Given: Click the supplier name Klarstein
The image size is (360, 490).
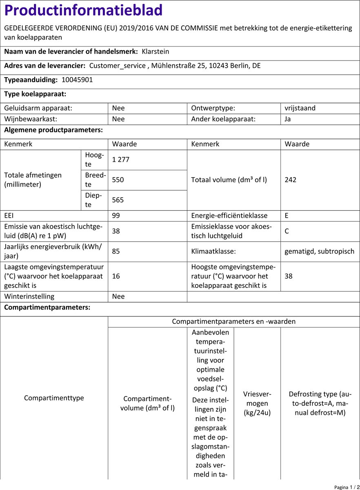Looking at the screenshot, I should (155, 52).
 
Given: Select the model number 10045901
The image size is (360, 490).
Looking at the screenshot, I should (77, 80).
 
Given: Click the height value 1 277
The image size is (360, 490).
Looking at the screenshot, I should (121, 160).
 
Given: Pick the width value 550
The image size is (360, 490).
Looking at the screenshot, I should (118, 180).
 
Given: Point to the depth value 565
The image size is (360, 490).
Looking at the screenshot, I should (118, 200).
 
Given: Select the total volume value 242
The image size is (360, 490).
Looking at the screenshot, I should (291, 180).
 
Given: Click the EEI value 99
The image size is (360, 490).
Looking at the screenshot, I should (116, 216).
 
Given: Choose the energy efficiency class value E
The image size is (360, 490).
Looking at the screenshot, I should (287, 216).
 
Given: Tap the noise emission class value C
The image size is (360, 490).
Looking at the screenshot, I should (287, 231).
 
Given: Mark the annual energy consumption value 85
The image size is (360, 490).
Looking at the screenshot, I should (116, 252).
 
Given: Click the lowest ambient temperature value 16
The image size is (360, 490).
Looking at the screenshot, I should (116, 276).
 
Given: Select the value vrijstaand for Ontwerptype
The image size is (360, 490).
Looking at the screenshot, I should (300, 108).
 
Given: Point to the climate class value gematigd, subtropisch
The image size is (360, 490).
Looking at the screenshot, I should (320, 252).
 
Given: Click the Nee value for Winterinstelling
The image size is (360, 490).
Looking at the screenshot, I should (118, 296).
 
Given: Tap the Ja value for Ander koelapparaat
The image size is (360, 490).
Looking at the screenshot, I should (288, 120).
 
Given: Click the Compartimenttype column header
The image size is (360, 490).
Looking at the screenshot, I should (54, 398).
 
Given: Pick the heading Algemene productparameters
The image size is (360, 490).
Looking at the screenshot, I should (53, 131).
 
